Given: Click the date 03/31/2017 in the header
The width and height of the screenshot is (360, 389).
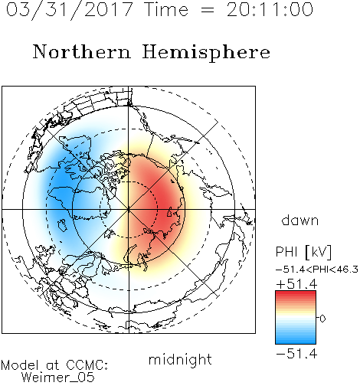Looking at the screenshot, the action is click(70, 10).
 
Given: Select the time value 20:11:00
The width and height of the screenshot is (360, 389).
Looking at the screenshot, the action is click(270, 10).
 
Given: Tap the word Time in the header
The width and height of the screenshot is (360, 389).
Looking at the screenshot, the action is click(166, 10).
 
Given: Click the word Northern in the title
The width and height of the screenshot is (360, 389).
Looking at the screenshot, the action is click(82, 52).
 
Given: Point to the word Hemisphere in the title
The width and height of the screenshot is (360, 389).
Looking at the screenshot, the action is click(206, 53).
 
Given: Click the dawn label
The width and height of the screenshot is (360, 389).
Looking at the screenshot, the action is click(300, 220).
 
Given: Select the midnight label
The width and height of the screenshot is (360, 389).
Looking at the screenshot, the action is click(180, 360).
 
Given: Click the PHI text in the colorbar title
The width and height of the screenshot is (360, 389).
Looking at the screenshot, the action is click(286, 252).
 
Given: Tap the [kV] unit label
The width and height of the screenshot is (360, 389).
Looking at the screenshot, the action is click(318, 252).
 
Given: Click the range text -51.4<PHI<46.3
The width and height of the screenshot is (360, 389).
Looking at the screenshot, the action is click(317, 270).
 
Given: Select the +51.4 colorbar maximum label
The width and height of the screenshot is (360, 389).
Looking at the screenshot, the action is click(296, 284).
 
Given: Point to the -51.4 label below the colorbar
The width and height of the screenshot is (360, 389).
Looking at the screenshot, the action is click(296, 354).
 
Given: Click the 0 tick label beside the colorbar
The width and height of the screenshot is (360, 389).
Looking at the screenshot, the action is click(322, 319).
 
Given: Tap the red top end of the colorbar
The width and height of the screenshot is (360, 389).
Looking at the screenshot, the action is click(296, 293).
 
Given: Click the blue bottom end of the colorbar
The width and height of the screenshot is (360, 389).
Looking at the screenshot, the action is click(296, 341).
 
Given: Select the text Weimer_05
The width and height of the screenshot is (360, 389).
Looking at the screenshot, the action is click(58, 378).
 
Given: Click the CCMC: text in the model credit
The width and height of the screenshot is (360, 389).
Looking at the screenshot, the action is click(87, 365).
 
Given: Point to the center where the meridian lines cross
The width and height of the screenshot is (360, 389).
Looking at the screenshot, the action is click(129, 209).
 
